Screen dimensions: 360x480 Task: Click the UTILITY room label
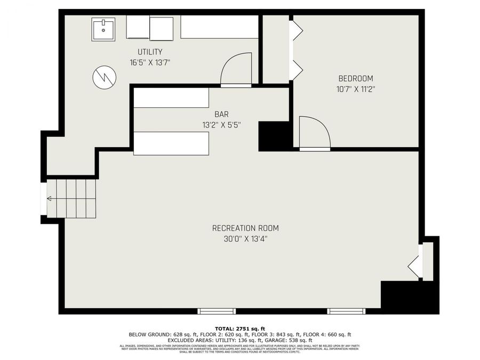[150, 52]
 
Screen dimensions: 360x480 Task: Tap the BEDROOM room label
[355, 78]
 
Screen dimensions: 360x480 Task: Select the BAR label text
[222, 114]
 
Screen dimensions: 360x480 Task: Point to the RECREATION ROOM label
[245, 228]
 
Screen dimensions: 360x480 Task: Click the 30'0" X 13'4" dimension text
[245, 239]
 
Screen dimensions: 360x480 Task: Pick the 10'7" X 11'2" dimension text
[355, 89]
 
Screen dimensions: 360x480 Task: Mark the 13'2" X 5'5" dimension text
[222, 125]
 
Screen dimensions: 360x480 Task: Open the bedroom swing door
[315, 132]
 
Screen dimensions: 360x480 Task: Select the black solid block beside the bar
[274, 136]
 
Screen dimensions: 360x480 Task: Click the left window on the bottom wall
[217, 310]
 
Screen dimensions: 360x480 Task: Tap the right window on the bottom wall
[345, 310]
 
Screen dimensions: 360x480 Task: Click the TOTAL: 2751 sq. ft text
[240, 328]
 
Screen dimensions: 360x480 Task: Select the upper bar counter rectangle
[171, 98]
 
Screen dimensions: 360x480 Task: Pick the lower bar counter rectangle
[171, 143]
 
